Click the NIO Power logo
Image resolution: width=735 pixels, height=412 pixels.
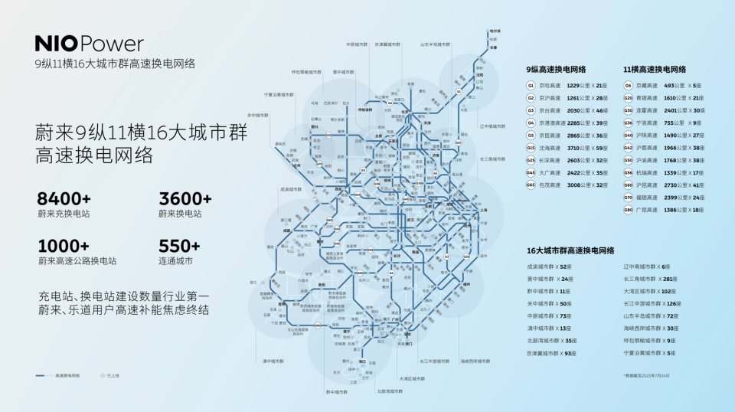[89, 44]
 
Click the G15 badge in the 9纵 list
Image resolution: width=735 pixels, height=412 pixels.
[531, 148]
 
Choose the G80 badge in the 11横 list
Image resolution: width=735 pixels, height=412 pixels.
[628, 209]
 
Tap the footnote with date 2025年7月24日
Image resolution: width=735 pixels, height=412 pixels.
[646, 375]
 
